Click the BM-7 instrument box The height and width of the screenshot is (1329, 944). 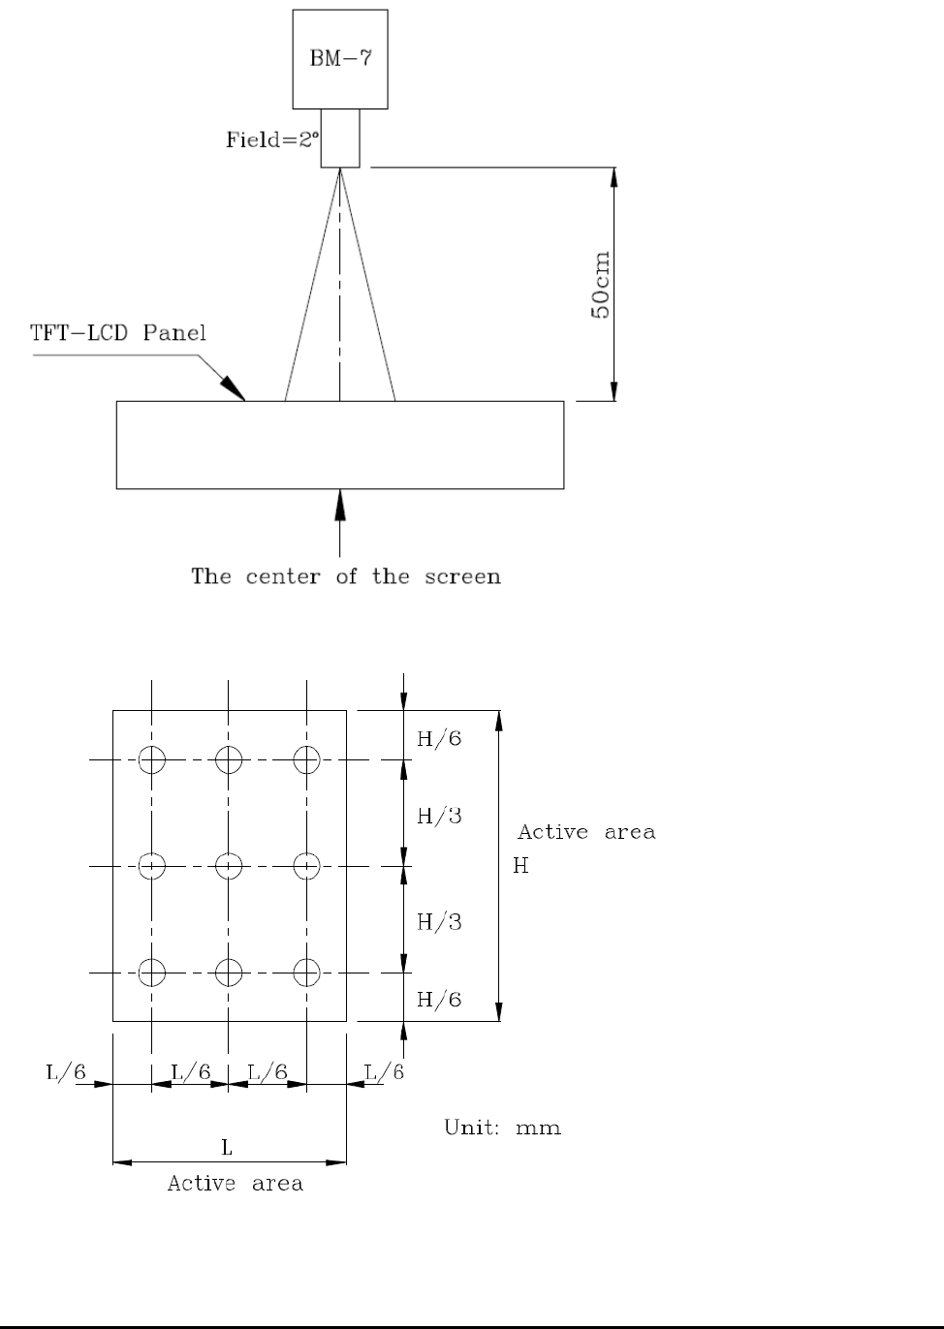[340, 58]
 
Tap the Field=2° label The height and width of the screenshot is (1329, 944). [267, 140]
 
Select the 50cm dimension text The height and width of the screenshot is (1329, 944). [602, 287]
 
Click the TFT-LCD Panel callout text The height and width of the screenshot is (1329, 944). [116, 333]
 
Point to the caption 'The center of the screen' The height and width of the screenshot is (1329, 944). [346, 577]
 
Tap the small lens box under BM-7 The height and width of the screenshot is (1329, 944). [340, 138]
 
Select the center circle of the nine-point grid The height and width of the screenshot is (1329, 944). [228, 865]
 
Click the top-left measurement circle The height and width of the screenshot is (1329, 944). [152, 760]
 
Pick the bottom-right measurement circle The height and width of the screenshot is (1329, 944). [306, 971]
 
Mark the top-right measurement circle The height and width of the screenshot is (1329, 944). [306, 760]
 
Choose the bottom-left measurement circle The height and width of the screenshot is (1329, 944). [152, 971]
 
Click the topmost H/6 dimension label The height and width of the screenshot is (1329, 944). [439, 739]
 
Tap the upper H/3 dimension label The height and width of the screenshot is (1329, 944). [439, 816]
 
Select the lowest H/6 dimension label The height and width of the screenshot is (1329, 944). [439, 1000]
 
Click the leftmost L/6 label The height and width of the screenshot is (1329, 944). [66, 1072]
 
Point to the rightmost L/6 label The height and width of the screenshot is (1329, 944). [384, 1072]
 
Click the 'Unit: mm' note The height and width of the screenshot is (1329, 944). [503, 1128]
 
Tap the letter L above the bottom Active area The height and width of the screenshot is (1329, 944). [228, 1149]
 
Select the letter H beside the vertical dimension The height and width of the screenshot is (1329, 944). [520, 866]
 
